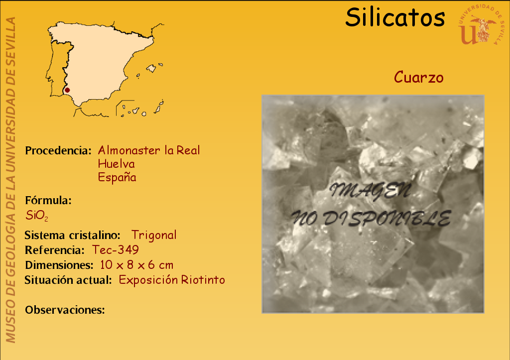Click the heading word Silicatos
pos(395,17)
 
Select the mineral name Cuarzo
pos(418,77)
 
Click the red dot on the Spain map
pos(67,90)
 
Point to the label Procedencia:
pos(58,150)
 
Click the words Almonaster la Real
pos(149,150)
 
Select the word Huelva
pos(116,164)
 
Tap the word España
pos(117,177)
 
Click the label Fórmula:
pos(48,200)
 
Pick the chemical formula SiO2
pos(37,215)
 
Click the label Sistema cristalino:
pos(73,235)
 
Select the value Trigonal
pos(154,235)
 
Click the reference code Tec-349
pos(116,250)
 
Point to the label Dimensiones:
pos(59,265)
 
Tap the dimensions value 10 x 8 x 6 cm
pos(136,265)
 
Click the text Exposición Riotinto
pos(172,280)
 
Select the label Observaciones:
pos(65,310)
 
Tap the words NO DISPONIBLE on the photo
pos(371,218)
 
